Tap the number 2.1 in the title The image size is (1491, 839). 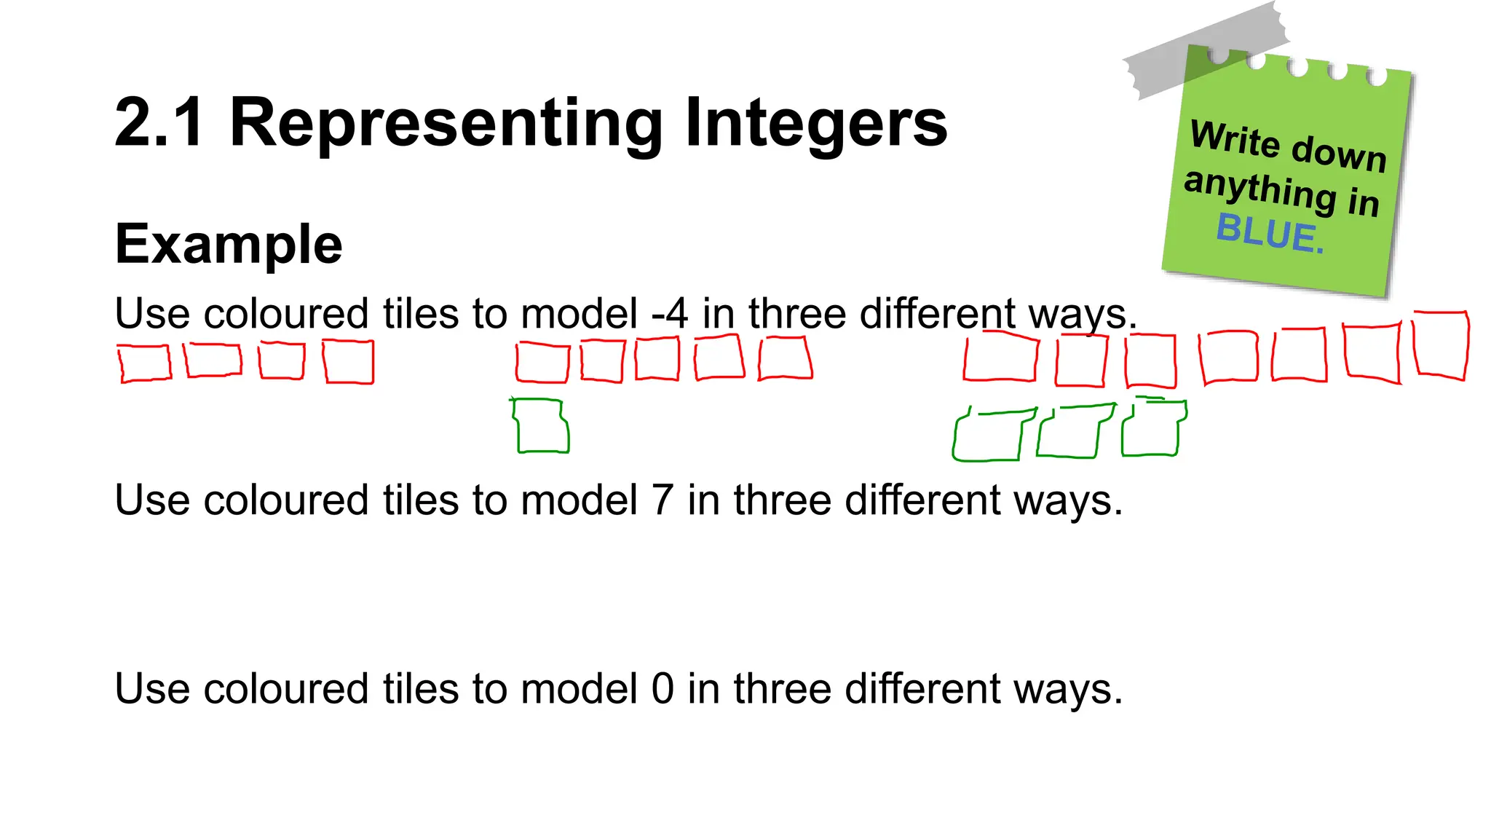tap(159, 122)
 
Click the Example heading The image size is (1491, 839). tap(229, 245)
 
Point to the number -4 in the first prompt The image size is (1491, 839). tap(669, 314)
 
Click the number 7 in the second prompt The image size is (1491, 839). tap(662, 500)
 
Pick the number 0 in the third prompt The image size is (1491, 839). tap(663, 688)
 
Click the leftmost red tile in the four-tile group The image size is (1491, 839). tap(145, 363)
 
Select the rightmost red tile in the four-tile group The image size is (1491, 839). tap(349, 362)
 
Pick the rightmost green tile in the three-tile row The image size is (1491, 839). tap(1152, 430)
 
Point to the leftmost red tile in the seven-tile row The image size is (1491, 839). tap(1000, 357)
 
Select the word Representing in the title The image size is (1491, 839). tap(446, 124)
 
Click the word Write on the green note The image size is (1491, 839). tap(1234, 138)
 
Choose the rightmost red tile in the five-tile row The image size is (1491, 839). tap(785, 358)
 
